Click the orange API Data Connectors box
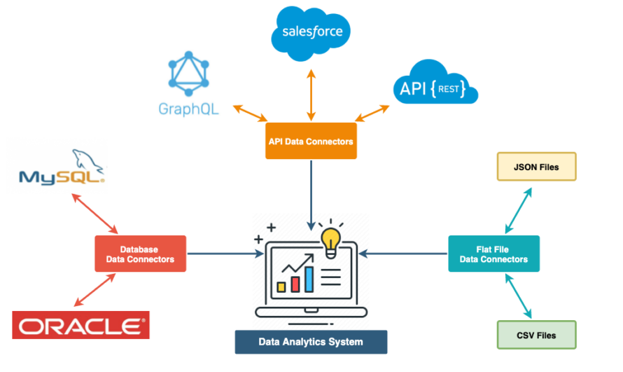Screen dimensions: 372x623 [x=310, y=142]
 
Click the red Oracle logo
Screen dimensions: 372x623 [x=80, y=325]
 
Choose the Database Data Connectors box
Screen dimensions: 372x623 [x=140, y=254]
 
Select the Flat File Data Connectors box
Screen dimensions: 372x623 [x=493, y=254]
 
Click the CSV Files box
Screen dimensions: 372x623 [x=536, y=335]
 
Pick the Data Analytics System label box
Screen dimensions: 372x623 [x=311, y=342]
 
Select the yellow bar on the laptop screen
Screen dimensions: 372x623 [x=281, y=287]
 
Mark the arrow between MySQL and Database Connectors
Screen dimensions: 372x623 [x=96, y=213]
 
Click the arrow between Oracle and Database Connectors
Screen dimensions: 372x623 [x=94, y=289]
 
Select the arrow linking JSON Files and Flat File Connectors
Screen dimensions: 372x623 [x=519, y=208]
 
